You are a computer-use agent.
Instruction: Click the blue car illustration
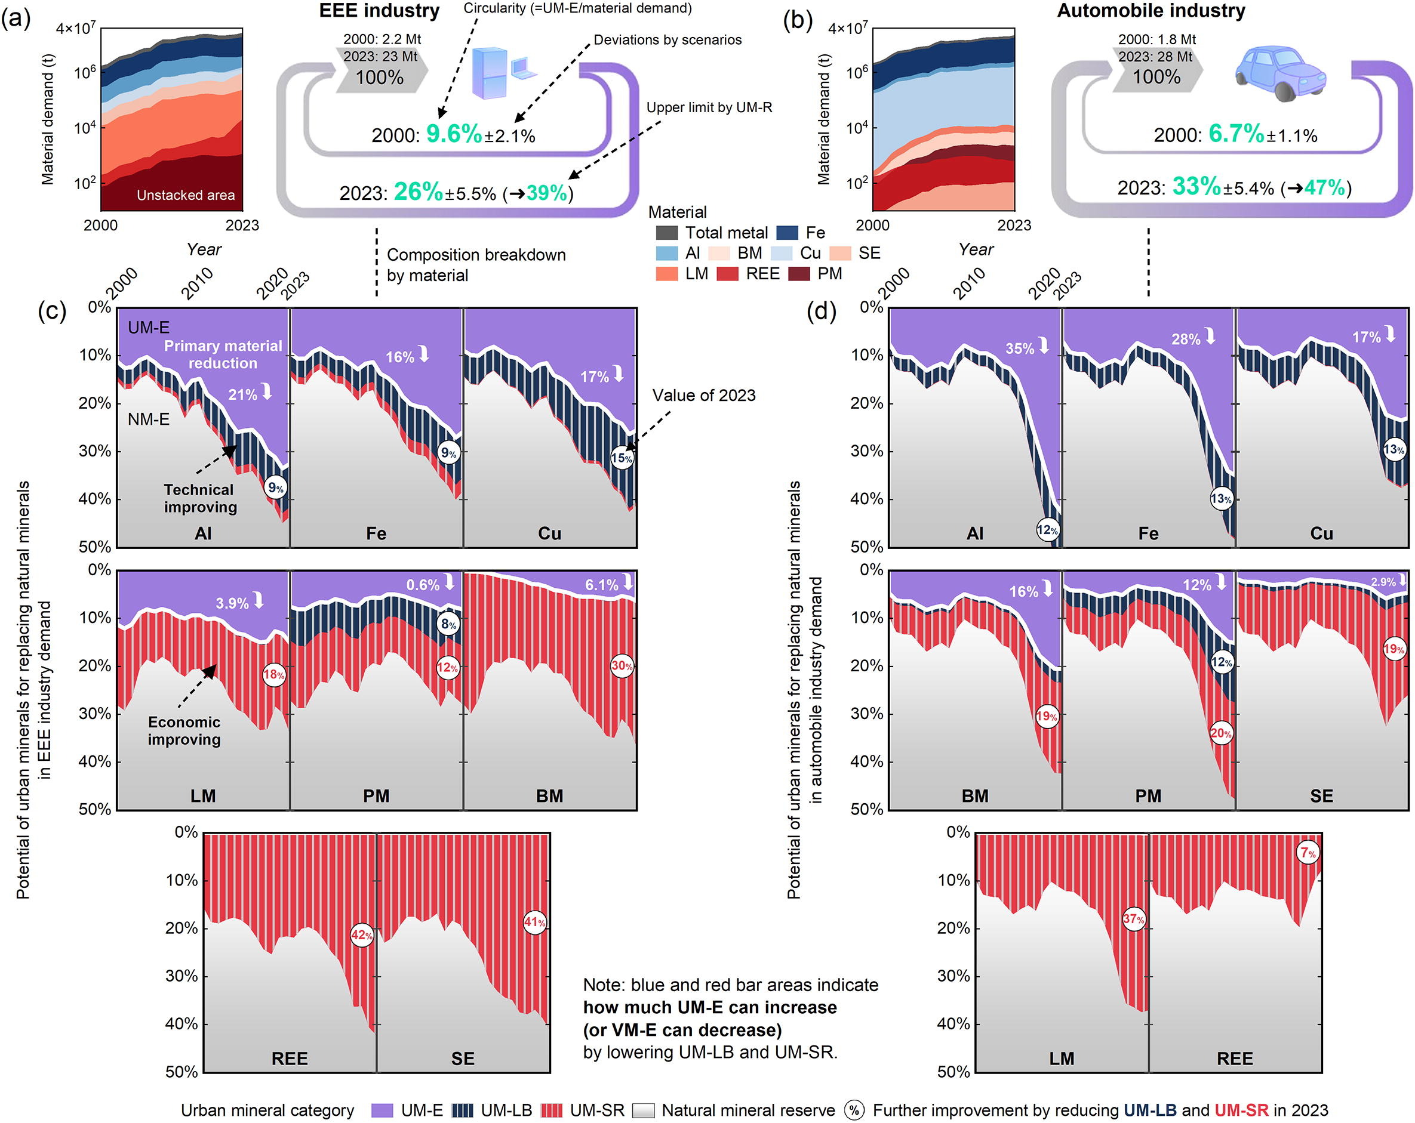click(1280, 73)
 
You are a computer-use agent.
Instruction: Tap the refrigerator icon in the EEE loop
click(489, 73)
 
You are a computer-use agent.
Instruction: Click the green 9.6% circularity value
click(454, 134)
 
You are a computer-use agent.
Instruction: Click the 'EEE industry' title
click(379, 11)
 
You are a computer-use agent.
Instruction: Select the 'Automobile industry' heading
click(1151, 11)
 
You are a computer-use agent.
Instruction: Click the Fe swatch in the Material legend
click(787, 233)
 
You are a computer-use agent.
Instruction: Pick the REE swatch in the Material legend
click(727, 274)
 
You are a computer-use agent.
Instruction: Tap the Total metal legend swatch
click(667, 233)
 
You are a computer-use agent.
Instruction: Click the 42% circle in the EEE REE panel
click(362, 935)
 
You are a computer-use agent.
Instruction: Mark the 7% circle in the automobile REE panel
click(1308, 853)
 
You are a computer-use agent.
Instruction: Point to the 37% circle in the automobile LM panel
click(1133, 919)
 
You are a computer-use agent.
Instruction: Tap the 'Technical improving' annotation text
click(200, 498)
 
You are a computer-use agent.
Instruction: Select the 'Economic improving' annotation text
click(184, 731)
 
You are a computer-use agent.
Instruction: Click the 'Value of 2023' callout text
click(703, 396)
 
